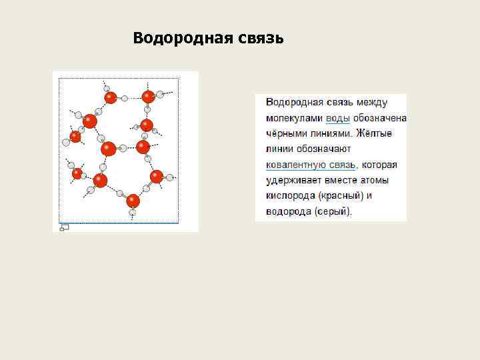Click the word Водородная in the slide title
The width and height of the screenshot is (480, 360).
(179, 37)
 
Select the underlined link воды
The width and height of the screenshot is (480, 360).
(337, 118)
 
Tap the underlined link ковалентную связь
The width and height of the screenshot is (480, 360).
(311, 165)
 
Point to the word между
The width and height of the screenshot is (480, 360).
(371, 103)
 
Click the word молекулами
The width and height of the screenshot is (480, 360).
(294, 118)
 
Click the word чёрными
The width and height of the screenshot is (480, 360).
(285, 133)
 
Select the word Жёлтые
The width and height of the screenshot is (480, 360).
(374, 133)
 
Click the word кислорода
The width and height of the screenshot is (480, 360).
(290, 196)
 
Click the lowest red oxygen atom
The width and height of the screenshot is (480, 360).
(133, 200)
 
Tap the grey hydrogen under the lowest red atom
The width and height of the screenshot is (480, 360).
(133, 213)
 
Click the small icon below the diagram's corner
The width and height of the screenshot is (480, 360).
(64, 227)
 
